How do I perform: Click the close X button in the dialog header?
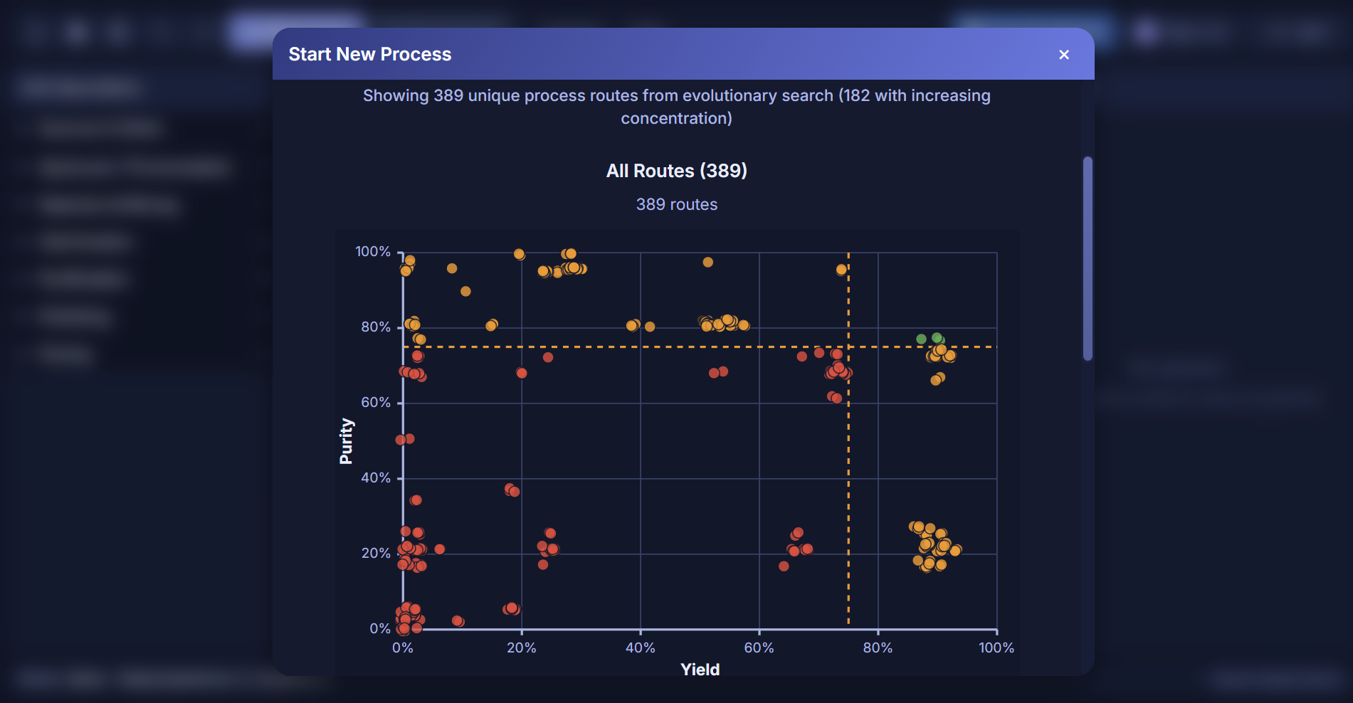click(x=1064, y=55)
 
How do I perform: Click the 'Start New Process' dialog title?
click(x=369, y=55)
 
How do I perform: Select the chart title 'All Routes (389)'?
click(x=676, y=171)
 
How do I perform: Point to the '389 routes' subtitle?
click(x=676, y=205)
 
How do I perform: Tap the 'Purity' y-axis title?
click(x=346, y=441)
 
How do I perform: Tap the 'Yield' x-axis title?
click(x=700, y=670)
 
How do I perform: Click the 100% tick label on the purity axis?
click(x=373, y=252)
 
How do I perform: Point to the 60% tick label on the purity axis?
click(x=376, y=403)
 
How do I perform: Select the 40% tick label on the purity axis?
click(x=376, y=478)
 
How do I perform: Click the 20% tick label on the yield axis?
click(x=521, y=648)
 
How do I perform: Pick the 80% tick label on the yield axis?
click(x=878, y=648)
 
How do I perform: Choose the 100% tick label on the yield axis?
click(x=996, y=648)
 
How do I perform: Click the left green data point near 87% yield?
click(x=921, y=339)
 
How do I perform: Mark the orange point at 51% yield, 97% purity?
click(x=707, y=263)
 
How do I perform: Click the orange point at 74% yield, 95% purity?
click(x=841, y=270)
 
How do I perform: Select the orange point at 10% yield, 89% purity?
click(x=465, y=292)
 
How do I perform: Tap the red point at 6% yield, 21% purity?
click(x=440, y=549)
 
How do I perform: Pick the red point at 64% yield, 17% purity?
click(x=784, y=566)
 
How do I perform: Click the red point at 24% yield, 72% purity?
click(x=548, y=357)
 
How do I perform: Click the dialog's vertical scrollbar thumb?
click(x=1087, y=258)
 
